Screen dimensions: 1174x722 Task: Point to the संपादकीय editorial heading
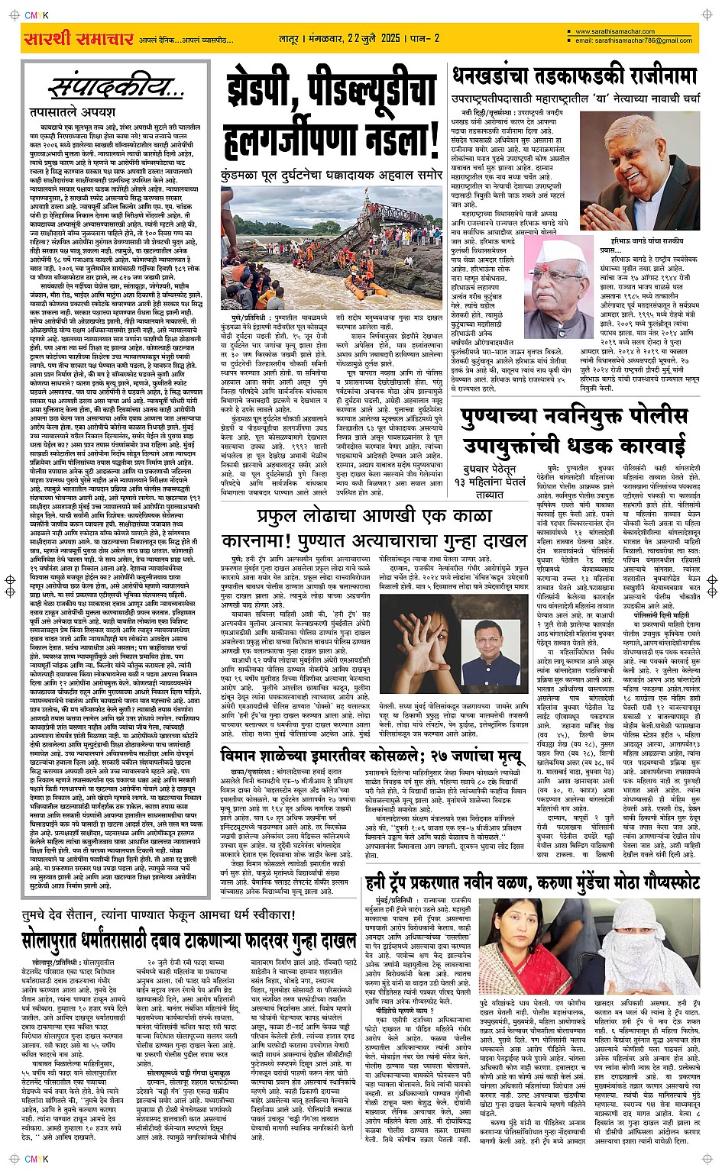[x=115, y=89]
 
